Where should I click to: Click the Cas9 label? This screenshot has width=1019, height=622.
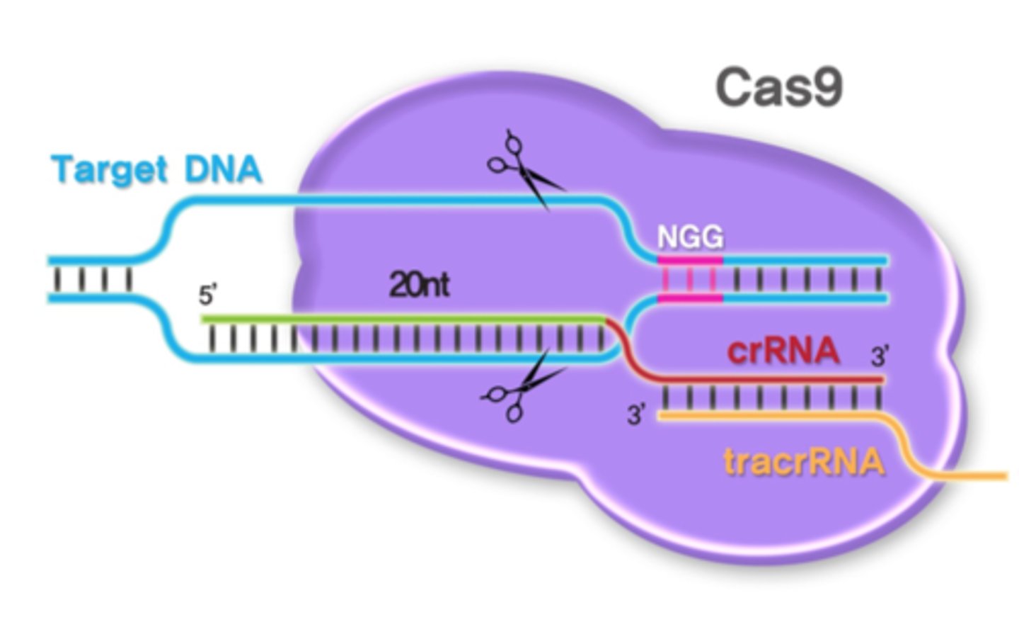[x=778, y=89]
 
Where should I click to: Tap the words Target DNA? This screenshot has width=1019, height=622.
[x=157, y=171]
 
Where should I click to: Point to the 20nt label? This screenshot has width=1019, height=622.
[x=419, y=285]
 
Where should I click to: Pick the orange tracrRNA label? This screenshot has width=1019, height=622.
[x=804, y=462]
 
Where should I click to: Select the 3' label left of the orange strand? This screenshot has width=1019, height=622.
[x=637, y=415]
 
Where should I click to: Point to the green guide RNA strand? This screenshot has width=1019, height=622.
[x=403, y=320]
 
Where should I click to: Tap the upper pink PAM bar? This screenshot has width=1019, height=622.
[x=690, y=261]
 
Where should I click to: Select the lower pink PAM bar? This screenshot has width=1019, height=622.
[x=690, y=299]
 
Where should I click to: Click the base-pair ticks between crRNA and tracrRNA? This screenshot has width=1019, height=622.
[x=771, y=399]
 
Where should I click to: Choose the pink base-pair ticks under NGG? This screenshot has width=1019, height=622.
[x=690, y=280]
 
